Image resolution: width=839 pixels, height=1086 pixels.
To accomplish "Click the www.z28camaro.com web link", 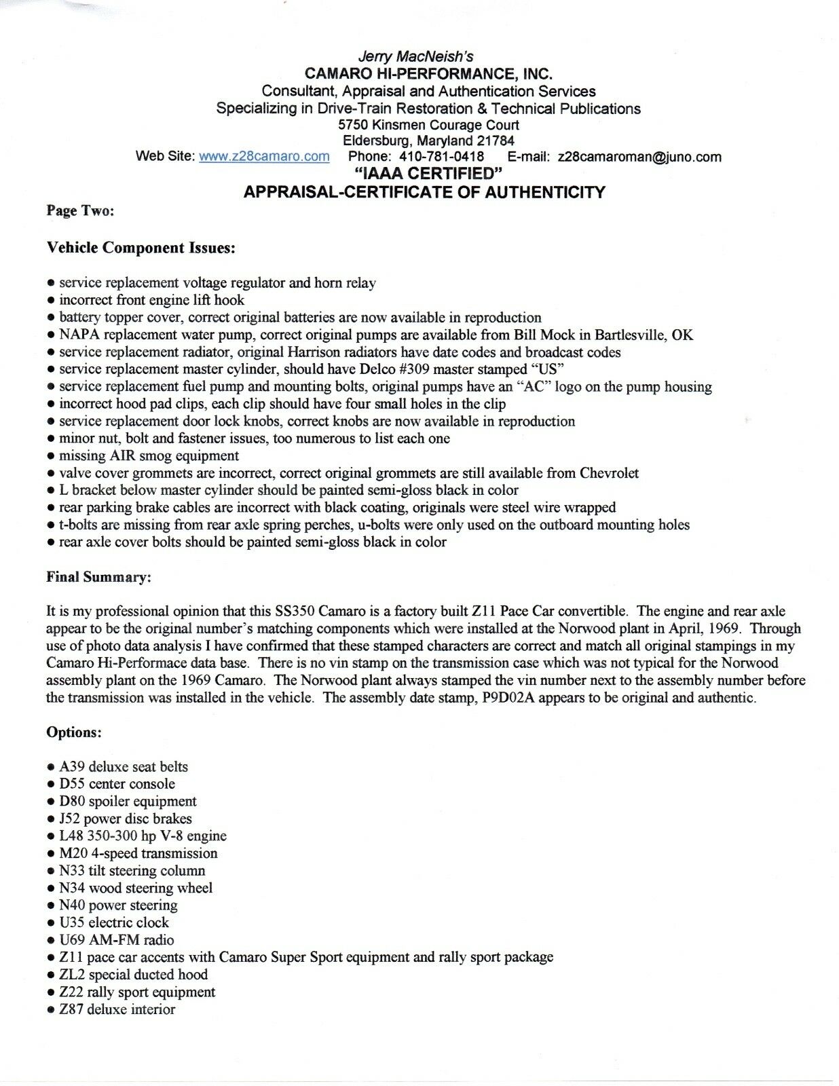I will click(x=264, y=157).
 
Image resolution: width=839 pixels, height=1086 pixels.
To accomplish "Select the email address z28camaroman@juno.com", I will click(x=639, y=157).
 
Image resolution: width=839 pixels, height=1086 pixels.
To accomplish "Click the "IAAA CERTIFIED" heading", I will click(x=424, y=174).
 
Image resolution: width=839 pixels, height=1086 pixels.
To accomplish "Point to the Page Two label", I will click(x=80, y=211).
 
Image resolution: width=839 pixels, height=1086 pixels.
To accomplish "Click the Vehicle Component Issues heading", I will click(x=141, y=248).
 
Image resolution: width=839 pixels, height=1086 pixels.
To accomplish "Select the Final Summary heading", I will click(x=98, y=578).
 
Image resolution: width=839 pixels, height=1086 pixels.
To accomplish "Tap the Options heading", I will click(x=74, y=732).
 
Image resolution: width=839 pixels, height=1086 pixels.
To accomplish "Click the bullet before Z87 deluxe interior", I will click(x=51, y=1010).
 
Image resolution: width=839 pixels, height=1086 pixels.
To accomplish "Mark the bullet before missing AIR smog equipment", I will click(x=51, y=456).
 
